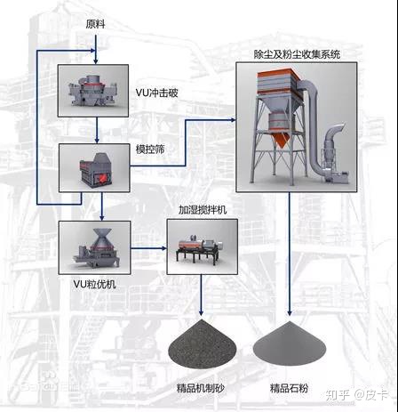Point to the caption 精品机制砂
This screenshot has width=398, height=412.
[202, 390]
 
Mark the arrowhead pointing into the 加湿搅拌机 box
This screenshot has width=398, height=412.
[163, 246]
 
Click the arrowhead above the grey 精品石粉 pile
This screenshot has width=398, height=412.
[291, 312]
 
